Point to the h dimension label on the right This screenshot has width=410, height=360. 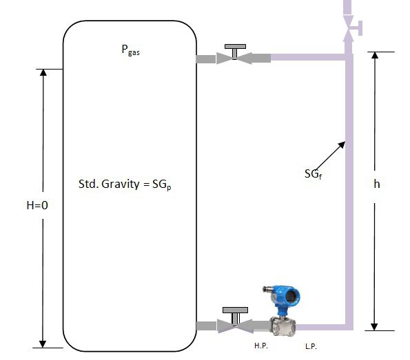click(x=377, y=184)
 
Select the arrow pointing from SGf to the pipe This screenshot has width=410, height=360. click(x=333, y=153)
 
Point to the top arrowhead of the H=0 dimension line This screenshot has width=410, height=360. click(x=43, y=74)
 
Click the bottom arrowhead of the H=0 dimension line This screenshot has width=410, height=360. click(x=43, y=342)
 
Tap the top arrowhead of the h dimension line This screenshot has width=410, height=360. click(x=375, y=56)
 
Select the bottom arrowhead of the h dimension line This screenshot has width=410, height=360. click(x=375, y=326)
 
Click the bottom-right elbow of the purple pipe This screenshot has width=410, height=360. click(x=348, y=324)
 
